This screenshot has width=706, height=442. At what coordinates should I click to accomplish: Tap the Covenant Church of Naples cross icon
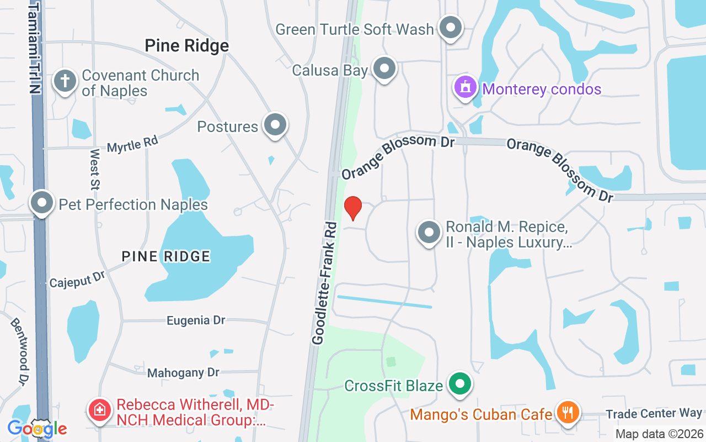coord(65,81)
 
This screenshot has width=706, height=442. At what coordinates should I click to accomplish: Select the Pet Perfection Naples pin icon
coord(42,203)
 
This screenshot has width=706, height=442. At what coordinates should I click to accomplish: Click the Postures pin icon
coord(275,125)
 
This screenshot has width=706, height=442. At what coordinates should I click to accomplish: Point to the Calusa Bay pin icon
coord(384,69)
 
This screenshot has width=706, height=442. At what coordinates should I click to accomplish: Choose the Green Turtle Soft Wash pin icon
coord(451,27)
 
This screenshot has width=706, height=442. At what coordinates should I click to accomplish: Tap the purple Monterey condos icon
coord(466,87)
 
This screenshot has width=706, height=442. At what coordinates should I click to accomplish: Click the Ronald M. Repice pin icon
coord(429,233)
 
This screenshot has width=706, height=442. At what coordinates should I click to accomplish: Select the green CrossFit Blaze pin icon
coord(459,384)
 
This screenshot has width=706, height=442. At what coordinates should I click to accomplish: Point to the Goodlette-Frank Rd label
coord(324,283)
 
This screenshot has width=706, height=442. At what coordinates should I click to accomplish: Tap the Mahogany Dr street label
coord(184,373)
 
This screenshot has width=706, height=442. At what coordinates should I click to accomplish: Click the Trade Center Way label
coord(654,413)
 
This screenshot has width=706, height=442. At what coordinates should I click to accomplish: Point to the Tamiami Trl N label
coord(34,47)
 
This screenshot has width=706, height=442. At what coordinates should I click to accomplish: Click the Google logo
coord(37,428)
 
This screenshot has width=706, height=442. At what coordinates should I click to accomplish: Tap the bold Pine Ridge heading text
coord(186,46)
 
